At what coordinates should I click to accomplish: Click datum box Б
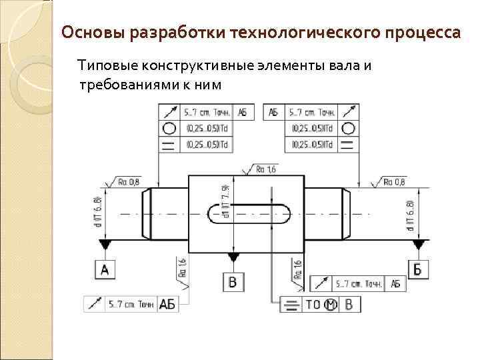(417, 269)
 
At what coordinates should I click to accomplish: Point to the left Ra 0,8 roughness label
(129, 181)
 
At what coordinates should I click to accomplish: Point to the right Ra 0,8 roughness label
(394, 181)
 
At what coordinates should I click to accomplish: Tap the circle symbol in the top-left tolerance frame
(169, 129)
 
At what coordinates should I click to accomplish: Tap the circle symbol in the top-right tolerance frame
(347, 129)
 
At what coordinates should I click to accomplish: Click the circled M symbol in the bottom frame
(331, 305)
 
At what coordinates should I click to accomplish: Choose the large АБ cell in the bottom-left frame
(167, 305)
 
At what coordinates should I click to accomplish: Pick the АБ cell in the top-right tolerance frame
(274, 113)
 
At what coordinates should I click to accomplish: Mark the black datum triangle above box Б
(417, 245)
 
